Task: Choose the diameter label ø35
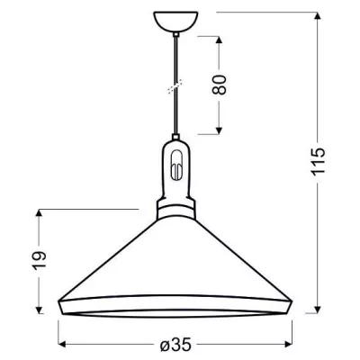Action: [x=177, y=345]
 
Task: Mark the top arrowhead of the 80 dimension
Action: [x=220, y=40]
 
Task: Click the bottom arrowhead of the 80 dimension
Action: [x=220, y=130]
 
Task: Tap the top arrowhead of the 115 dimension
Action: [x=321, y=14]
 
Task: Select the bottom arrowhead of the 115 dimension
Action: [x=321, y=309]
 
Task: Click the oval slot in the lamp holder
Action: [x=176, y=168]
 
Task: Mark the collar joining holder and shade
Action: [x=176, y=210]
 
